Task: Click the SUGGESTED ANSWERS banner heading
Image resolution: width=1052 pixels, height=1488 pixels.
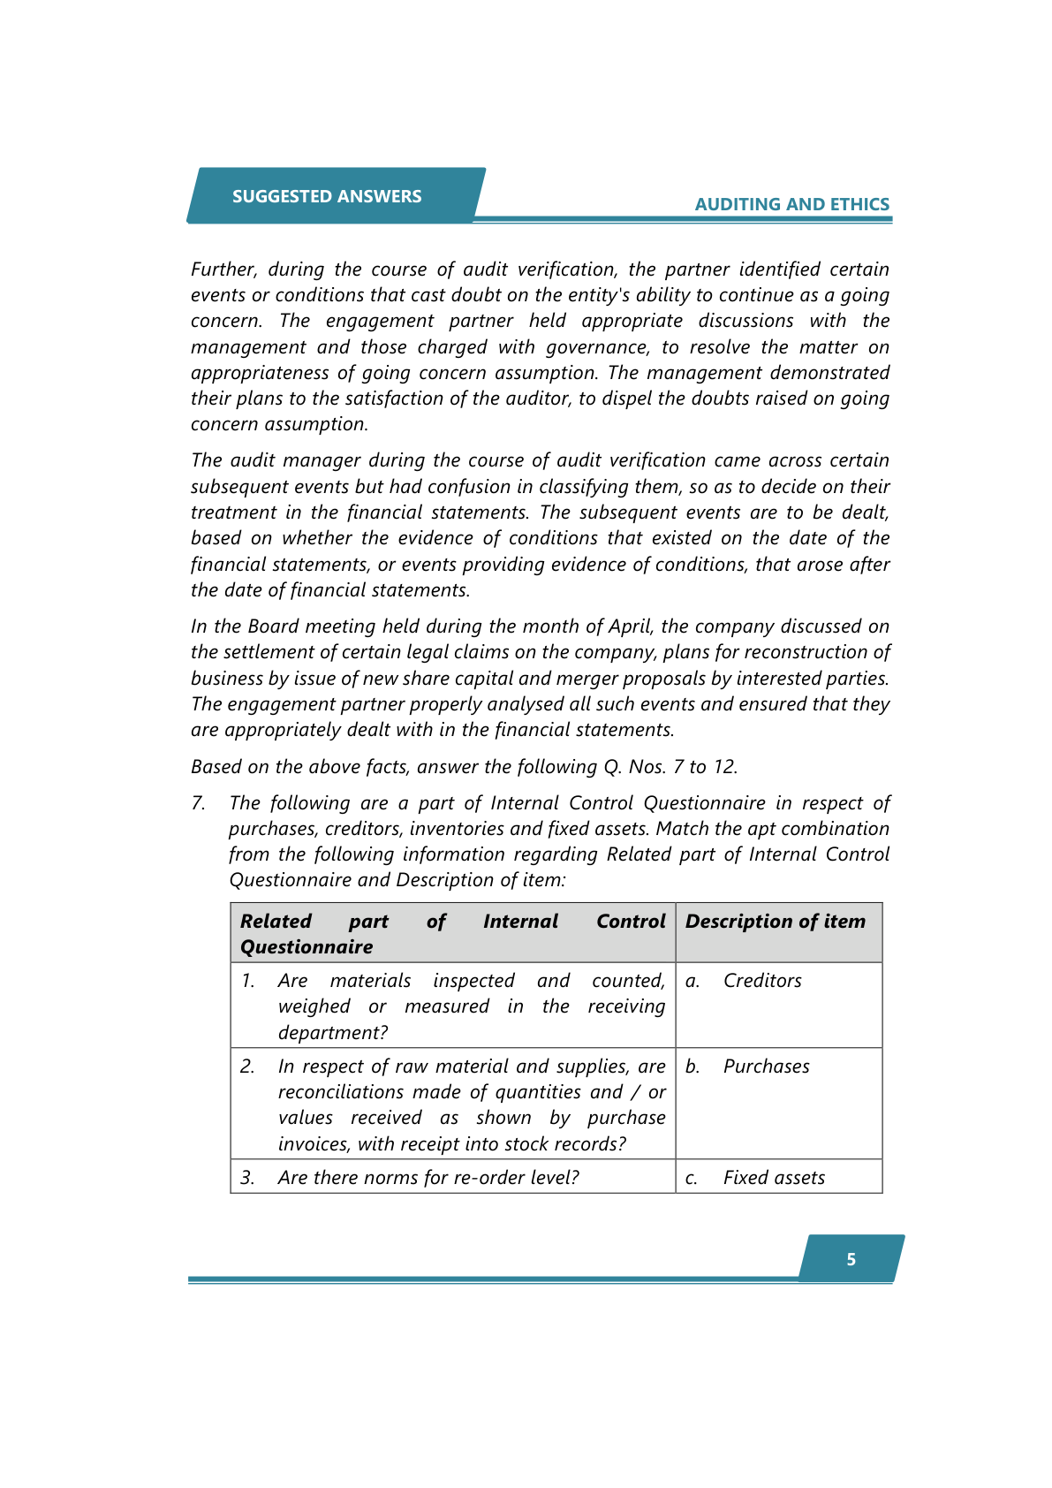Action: click(x=327, y=196)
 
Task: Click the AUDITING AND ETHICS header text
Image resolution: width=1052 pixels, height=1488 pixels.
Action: click(x=791, y=204)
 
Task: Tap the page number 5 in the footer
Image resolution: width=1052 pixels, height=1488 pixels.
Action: click(x=851, y=1259)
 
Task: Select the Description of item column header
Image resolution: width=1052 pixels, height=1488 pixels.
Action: click(x=775, y=921)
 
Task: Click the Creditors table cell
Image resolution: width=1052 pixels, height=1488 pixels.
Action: click(x=762, y=980)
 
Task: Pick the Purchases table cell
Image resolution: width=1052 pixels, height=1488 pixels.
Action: click(x=766, y=1066)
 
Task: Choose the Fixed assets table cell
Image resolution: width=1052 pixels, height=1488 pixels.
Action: click(x=774, y=1177)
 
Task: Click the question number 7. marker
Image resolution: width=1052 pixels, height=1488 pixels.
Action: click(x=199, y=802)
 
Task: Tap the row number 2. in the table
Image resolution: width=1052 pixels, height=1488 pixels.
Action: click(x=247, y=1066)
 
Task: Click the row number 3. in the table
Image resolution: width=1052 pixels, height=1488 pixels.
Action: click(x=247, y=1177)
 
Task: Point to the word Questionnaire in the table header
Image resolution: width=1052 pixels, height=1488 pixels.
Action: click(x=307, y=946)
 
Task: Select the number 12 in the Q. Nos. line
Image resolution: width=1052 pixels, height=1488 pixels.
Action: click(x=723, y=766)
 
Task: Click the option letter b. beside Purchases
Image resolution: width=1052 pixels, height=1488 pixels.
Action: click(x=693, y=1066)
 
